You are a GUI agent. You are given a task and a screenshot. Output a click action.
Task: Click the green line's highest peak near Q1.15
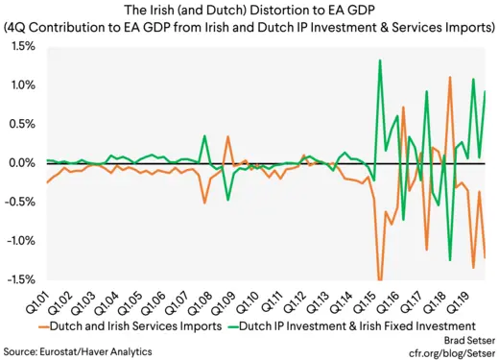pos(381,60)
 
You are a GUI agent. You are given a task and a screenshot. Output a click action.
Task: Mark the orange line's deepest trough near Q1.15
pos(381,279)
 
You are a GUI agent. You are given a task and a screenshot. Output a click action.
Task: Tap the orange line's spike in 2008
pos(227,137)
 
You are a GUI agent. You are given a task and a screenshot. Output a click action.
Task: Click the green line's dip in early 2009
pos(227,199)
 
